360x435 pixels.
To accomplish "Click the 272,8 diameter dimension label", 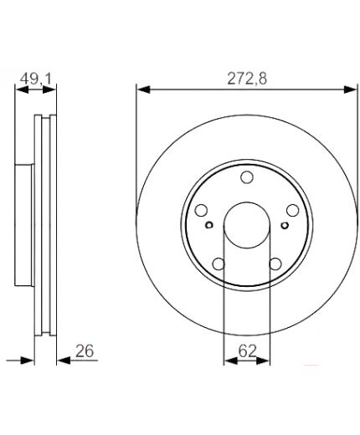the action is point(247,79).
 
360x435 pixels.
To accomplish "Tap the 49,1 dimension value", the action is point(36,79).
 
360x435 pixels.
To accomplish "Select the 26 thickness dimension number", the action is point(85,351).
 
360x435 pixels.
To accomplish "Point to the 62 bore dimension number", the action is point(247,351).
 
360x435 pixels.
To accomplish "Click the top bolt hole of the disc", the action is point(247,177).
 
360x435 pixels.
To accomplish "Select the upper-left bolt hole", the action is point(201,211).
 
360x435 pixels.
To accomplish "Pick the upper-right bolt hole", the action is point(293,211).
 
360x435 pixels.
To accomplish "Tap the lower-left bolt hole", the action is point(219,264).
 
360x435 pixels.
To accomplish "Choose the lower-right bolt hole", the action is point(275,264).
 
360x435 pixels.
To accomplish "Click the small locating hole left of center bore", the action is point(209,225).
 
